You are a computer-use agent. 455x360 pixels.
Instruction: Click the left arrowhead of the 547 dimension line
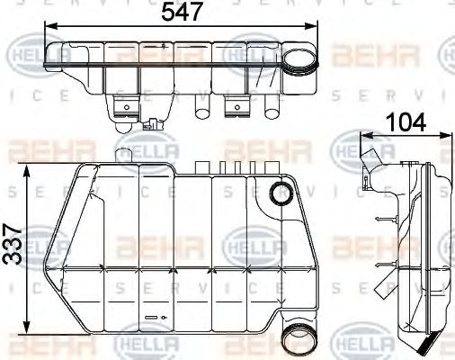click(48, 28)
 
